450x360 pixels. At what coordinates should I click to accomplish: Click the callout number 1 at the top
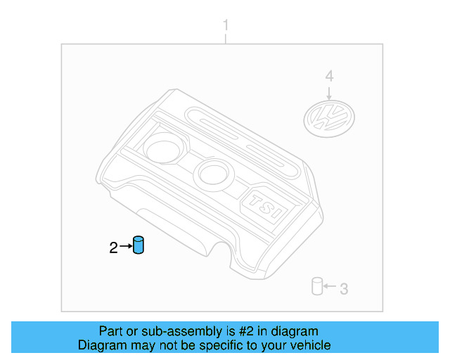[226, 26]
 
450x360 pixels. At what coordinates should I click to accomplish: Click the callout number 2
[114, 247]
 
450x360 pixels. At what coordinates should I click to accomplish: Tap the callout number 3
[344, 288]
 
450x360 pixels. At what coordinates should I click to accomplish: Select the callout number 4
[329, 77]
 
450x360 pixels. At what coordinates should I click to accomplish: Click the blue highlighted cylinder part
[139, 247]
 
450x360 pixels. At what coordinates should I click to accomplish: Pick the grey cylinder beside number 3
[317, 287]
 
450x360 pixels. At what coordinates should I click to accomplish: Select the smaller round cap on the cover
[210, 172]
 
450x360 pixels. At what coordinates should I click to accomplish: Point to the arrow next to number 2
[126, 246]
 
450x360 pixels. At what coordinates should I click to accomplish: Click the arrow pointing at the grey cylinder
[330, 288]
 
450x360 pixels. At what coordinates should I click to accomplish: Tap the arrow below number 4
[329, 92]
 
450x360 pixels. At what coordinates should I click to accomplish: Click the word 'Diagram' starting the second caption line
[101, 345]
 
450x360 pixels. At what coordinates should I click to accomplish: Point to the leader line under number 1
[226, 39]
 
